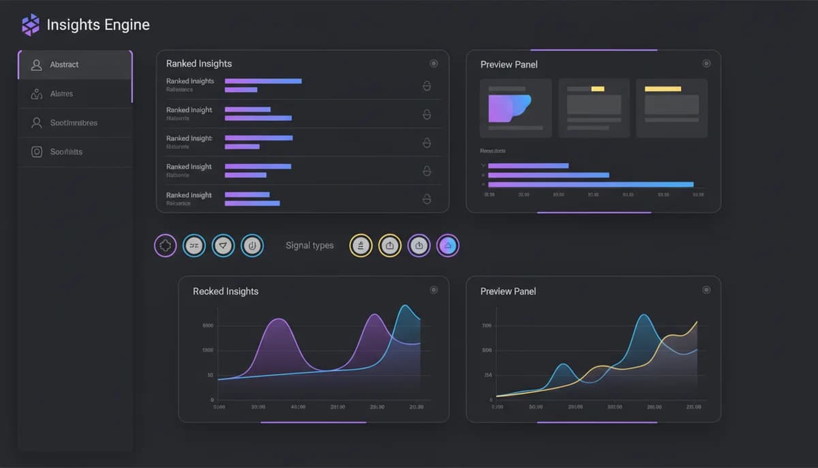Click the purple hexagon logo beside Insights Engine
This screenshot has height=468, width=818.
point(31,25)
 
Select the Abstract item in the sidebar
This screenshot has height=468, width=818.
point(64,65)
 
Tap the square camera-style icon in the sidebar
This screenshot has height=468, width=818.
point(37,152)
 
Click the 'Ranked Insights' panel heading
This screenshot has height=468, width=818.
point(199,63)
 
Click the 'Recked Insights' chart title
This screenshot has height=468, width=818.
point(226,291)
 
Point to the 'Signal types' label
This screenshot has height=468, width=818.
point(309,246)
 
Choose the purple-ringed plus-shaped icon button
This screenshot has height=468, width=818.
point(166,246)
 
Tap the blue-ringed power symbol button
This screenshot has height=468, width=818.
point(252,246)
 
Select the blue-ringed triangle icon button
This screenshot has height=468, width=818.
point(223,246)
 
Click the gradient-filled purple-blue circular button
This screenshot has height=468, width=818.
point(448,246)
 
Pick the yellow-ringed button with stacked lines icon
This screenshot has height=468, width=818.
point(361,246)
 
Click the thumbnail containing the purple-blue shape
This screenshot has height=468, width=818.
point(515,108)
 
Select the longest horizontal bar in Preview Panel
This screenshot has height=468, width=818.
point(590,184)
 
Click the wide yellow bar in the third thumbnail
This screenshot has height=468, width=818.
point(663,89)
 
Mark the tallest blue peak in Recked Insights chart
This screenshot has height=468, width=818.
point(406,306)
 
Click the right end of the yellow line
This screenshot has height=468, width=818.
point(697,321)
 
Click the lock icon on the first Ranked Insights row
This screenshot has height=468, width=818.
point(427,86)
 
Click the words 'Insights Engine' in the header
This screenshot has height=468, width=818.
point(98,25)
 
